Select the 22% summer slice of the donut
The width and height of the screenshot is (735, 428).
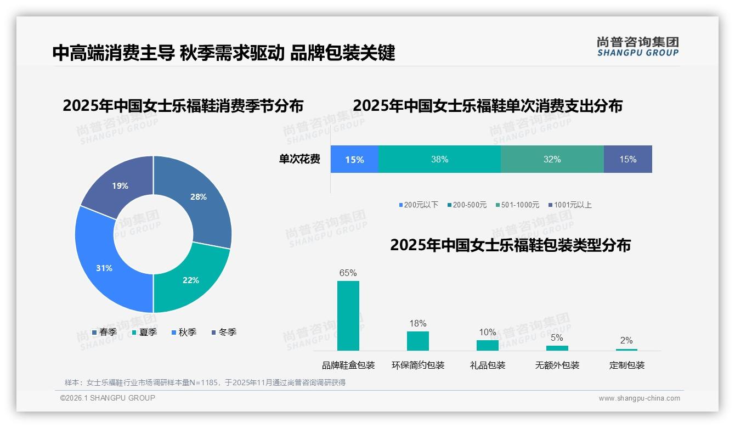point(191,280)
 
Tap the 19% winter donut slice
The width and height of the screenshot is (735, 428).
point(120,185)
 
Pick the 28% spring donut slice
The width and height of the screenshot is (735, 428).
point(198,196)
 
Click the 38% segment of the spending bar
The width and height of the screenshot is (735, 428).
point(439,159)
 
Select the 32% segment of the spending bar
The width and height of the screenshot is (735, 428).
point(552,159)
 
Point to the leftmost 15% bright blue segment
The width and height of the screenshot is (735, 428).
point(354,159)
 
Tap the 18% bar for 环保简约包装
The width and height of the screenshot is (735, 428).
point(417,341)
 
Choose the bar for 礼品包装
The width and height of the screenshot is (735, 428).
point(487,345)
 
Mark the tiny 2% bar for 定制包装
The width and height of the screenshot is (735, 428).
point(626,350)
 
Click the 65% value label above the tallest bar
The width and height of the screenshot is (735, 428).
point(348,273)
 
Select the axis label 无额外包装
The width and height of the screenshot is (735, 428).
point(557,365)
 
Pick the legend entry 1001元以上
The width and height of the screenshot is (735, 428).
point(572,205)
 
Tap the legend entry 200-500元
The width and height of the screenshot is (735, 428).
point(469,205)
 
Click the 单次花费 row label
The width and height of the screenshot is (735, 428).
point(299,159)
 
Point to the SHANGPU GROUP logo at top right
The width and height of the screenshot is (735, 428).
point(637,46)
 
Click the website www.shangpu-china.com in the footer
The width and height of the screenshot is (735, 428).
point(639,398)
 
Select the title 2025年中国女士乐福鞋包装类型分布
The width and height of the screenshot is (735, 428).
point(510,245)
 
